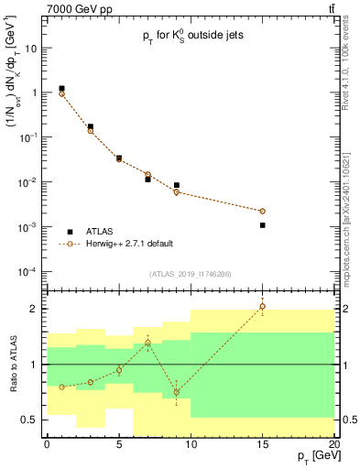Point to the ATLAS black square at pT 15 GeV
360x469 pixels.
pyautogui.click(x=262, y=224)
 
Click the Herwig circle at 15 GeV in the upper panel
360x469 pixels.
pyautogui.click(x=262, y=211)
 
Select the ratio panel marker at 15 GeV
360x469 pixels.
pyautogui.click(x=262, y=307)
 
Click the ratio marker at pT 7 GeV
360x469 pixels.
pyautogui.click(x=147, y=344)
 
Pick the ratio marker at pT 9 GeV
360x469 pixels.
pyautogui.click(x=176, y=392)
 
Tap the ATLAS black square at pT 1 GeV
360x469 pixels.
pyautogui.click(x=61, y=89)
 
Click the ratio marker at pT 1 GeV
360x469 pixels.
pyautogui.click(x=61, y=387)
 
